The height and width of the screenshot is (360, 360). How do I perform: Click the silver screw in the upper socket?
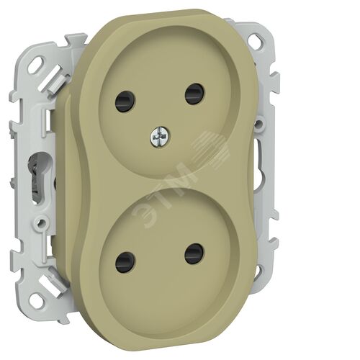[x=160, y=137]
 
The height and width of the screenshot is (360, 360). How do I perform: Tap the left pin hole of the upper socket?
[x=125, y=99]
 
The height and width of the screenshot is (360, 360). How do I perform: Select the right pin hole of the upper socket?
[x=194, y=94]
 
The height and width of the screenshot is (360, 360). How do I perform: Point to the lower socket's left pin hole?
[x=125, y=262]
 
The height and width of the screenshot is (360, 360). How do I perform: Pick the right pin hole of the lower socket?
[x=194, y=253]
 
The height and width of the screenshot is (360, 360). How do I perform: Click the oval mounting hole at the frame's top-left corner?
[x=37, y=63]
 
